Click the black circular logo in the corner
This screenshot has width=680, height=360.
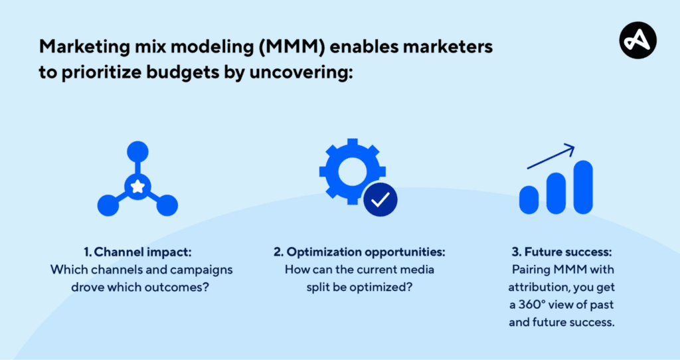coord(638,41)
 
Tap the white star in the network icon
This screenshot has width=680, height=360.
coord(137,186)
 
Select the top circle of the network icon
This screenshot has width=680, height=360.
coord(138,152)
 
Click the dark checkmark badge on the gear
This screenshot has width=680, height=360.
coord(381,199)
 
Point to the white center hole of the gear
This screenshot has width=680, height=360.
coord(352,171)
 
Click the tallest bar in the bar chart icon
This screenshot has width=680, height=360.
coord(583,187)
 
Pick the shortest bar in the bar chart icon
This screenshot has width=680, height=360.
coord(529,200)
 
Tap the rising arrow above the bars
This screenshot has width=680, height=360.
coord(551,157)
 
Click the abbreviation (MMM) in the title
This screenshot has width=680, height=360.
coord(292,47)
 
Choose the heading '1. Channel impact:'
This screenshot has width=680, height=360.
coord(137,252)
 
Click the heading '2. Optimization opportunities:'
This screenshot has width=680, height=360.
coord(359,252)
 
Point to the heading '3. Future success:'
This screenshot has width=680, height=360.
coord(562,252)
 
